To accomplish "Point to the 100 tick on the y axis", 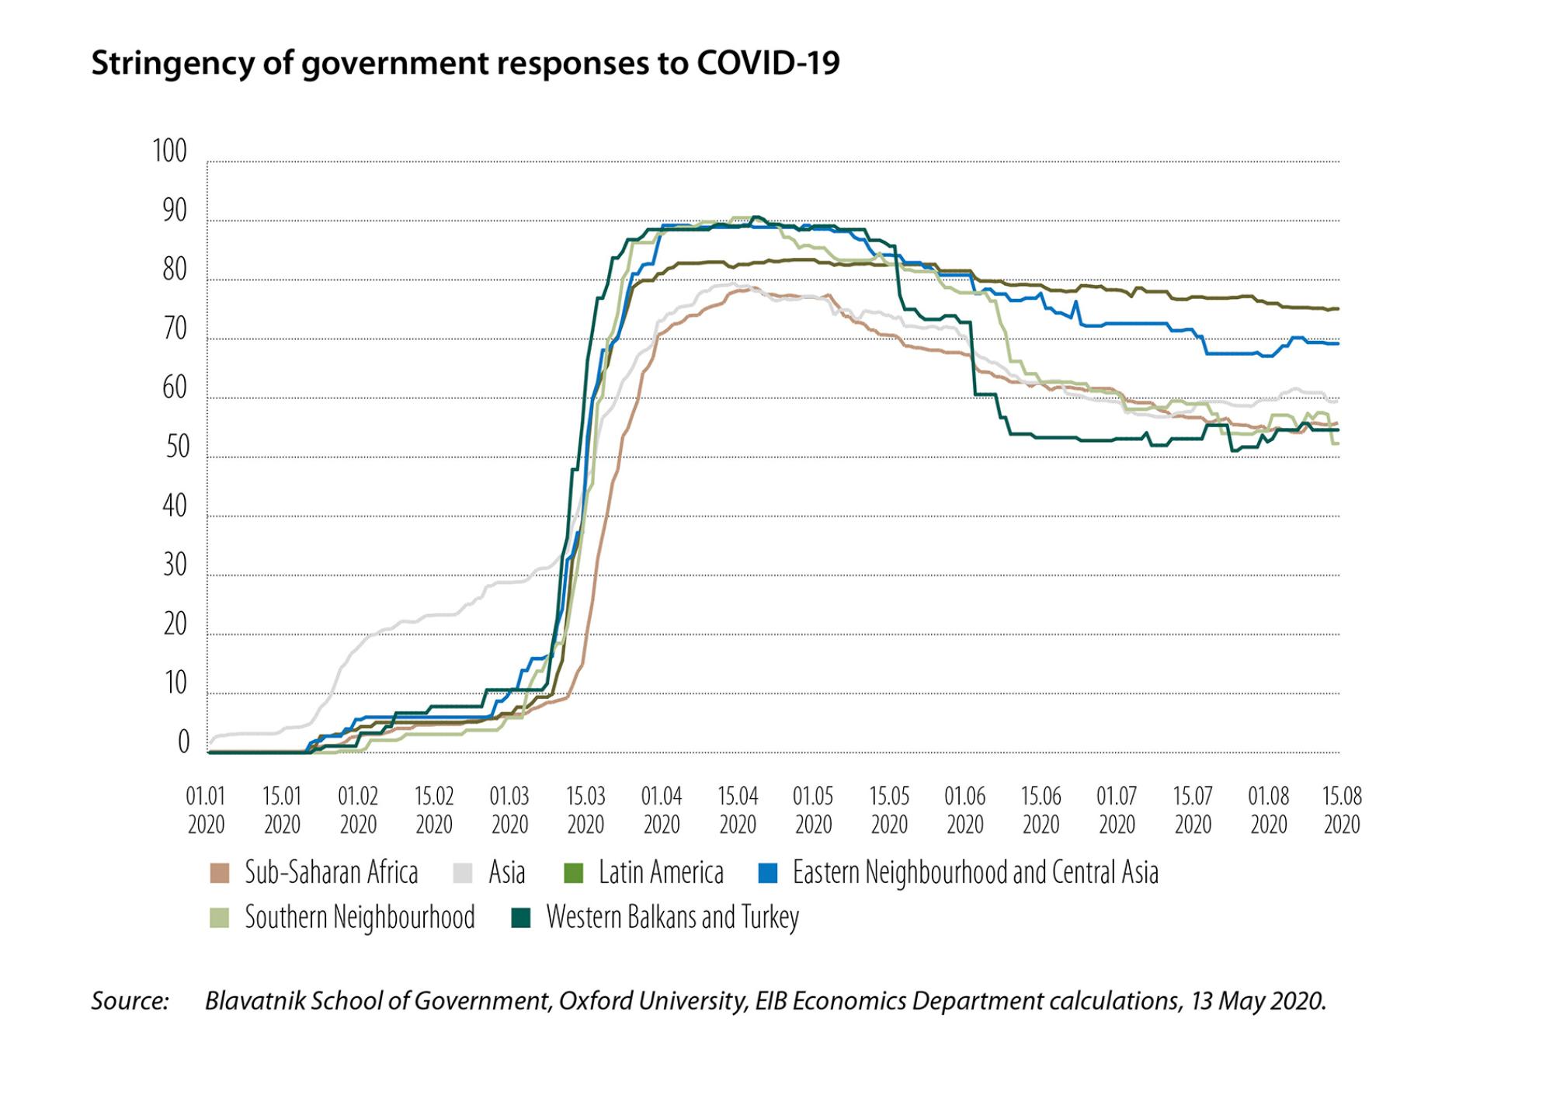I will point(170,152).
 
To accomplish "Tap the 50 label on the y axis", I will point(177,448).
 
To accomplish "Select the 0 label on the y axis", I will point(183,743).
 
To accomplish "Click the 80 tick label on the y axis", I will point(175,270).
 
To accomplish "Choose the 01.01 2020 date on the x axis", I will point(206,810).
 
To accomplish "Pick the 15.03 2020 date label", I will point(585,810).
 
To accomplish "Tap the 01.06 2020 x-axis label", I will point(964,810).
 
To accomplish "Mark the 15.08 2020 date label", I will point(1342,810).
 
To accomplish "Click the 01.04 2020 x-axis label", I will point(661,810).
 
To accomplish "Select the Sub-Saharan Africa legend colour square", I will point(220,874).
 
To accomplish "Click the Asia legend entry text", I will point(506,874).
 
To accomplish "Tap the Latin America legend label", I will point(661,874).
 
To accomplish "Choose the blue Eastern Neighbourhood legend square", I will point(767,874).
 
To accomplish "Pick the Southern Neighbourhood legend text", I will point(360,918).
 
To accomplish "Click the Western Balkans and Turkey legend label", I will point(672,918).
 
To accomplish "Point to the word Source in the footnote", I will point(130,1001).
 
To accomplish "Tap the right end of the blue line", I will point(1337,344).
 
